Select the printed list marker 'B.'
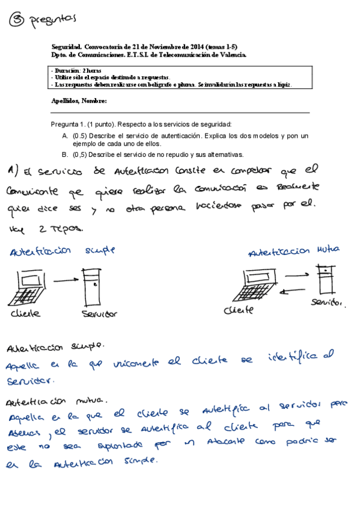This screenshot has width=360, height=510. tap(65, 155)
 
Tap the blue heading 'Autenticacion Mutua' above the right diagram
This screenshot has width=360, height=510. tap(294, 250)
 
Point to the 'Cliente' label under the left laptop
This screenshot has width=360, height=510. tap(26, 314)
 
